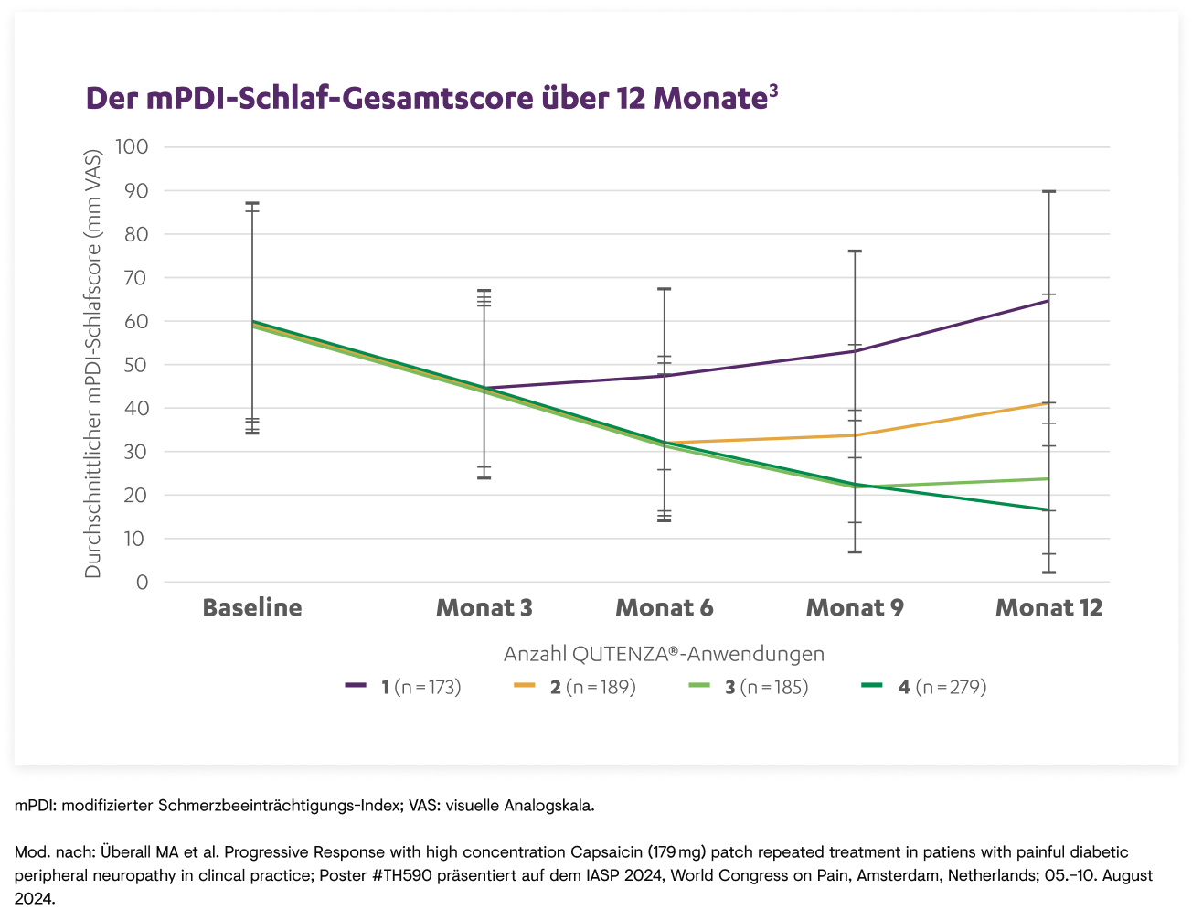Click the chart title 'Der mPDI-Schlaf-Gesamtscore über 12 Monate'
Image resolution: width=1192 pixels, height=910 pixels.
[425, 99]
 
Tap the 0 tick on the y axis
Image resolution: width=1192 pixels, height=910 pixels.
[143, 583]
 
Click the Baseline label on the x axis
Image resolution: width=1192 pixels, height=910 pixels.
[252, 608]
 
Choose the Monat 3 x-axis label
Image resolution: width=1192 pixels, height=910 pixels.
[484, 608]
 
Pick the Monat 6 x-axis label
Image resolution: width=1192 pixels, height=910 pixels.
[665, 608]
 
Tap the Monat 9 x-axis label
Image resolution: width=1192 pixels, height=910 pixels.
[855, 608]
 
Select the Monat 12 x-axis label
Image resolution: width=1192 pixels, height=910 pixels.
[1048, 608]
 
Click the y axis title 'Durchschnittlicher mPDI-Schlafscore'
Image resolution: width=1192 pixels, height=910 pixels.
[93, 363]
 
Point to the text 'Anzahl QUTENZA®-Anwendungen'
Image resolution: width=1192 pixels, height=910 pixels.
[664, 654]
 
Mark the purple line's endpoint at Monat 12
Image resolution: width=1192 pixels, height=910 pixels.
[1048, 300]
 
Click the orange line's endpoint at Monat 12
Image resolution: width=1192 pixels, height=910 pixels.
[1048, 403]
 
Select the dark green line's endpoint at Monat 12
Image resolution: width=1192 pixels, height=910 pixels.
[1048, 510]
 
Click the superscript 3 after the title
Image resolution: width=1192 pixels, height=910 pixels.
[773, 90]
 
